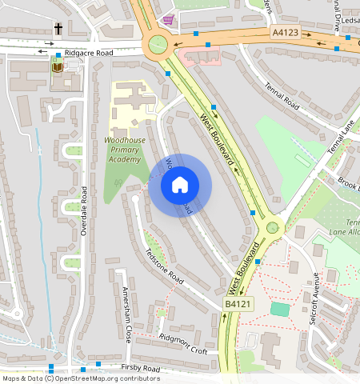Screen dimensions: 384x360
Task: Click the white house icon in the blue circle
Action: coord(180,186)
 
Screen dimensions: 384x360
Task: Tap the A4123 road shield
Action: coord(285,33)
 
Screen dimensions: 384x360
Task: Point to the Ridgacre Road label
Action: coord(89,52)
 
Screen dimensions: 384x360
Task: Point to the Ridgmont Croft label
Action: coord(183,344)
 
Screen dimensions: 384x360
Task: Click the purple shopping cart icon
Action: coord(167,19)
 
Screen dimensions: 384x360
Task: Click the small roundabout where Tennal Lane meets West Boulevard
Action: coord(273,227)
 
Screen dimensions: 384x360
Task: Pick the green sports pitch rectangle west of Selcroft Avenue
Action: coord(279,309)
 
